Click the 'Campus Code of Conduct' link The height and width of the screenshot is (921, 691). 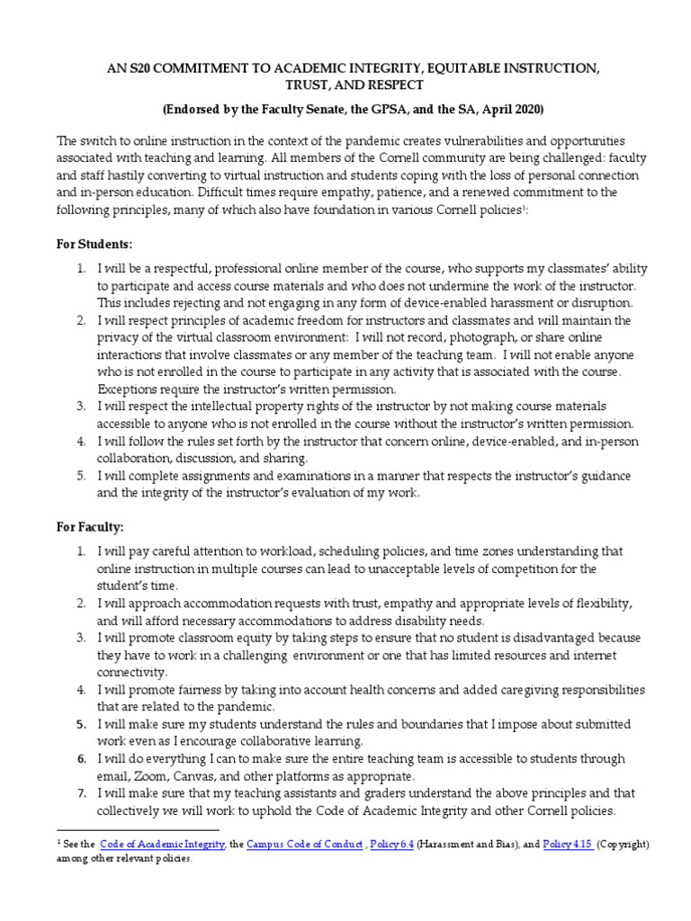point(304,845)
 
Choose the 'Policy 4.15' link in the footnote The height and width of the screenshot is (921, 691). point(569,845)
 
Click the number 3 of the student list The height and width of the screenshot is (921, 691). point(80,407)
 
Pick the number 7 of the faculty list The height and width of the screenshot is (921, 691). point(80,792)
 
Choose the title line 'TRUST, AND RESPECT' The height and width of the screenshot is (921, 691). point(345,86)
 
